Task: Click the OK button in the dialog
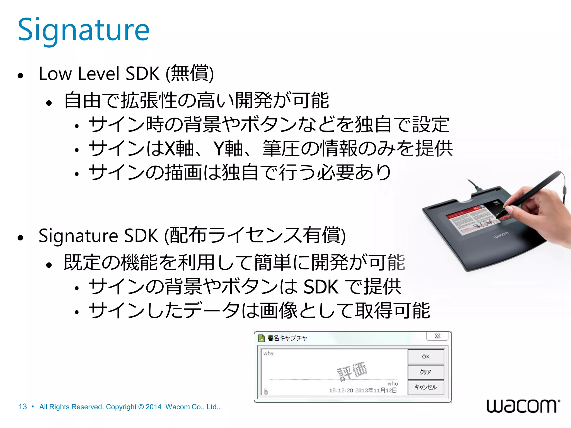425,357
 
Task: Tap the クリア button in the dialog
425,372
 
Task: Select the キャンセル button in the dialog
425,387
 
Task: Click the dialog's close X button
437,336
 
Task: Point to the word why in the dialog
268,354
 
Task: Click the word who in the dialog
393,384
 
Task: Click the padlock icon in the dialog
266,391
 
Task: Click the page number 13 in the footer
23,407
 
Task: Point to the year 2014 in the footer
153,407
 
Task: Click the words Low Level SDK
99,74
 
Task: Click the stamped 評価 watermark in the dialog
352,371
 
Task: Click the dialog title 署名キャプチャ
287,338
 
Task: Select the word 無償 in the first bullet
190,73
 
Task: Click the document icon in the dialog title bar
262,338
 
